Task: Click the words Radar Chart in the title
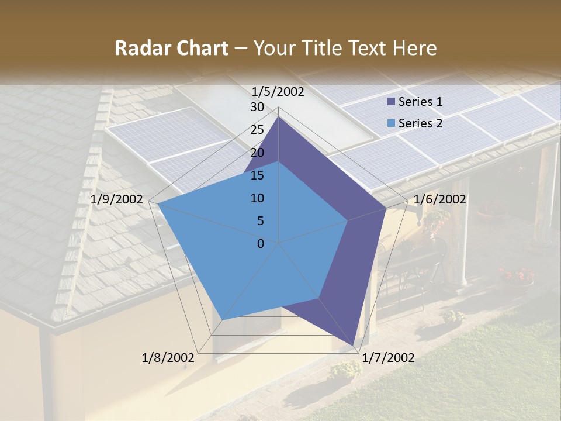click(171, 48)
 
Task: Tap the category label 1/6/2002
click(439, 199)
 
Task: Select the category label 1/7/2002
click(388, 358)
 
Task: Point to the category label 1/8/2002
click(168, 358)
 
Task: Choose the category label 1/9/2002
click(117, 199)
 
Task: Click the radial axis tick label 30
click(257, 107)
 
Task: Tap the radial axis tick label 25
click(257, 130)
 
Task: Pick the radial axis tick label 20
click(257, 153)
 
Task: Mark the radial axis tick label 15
click(257, 175)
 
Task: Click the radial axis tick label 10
click(257, 198)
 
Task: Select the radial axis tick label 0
click(261, 244)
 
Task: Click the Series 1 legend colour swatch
click(391, 102)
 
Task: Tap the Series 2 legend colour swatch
click(391, 123)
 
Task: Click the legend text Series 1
click(420, 102)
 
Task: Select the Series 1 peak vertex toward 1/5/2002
click(278, 116)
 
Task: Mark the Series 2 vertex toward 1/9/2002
click(158, 204)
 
